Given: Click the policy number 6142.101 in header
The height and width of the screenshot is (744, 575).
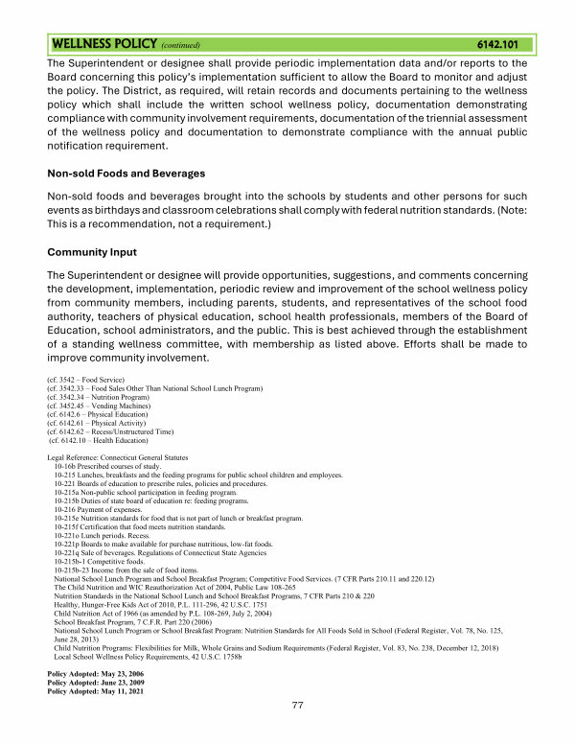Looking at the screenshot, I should pyautogui.click(x=498, y=44).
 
